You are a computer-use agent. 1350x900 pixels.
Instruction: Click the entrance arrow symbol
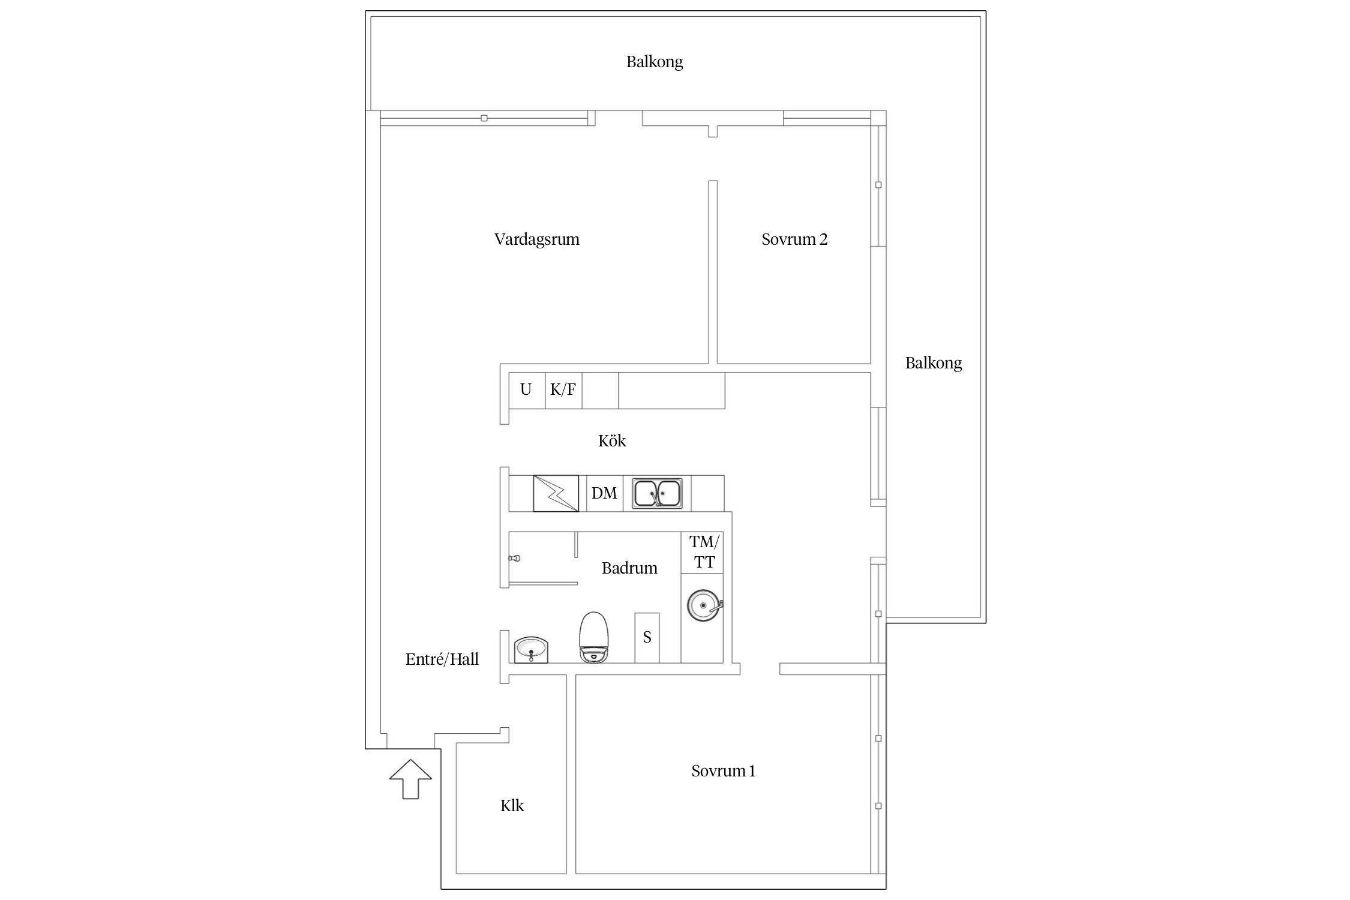(x=410, y=779)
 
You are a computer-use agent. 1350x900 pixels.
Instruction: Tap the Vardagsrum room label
(x=537, y=239)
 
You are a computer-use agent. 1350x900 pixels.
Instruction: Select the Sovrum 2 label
(x=794, y=239)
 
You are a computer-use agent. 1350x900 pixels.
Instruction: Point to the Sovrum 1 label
(x=723, y=771)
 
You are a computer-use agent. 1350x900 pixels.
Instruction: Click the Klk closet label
(x=512, y=805)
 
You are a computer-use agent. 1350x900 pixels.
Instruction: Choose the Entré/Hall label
(x=442, y=659)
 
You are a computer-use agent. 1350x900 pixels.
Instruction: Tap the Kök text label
(x=612, y=441)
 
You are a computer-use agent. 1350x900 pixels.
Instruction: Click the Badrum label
(x=629, y=568)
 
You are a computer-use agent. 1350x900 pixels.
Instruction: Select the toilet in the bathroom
(x=593, y=637)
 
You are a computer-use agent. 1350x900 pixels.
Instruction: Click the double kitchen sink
(x=657, y=493)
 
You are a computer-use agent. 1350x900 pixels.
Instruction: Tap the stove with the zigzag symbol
(x=556, y=493)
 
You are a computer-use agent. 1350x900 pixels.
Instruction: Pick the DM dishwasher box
(x=605, y=493)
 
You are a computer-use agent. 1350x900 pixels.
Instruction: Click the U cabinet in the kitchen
(x=527, y=391)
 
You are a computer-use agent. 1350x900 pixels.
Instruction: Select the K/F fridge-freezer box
(x=563, y=391)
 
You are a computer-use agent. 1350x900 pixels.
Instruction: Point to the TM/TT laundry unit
(x=703, y=553)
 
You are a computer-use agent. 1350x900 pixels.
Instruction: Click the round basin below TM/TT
(x=704, y=605)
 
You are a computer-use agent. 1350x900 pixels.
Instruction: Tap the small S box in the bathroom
(x=647, y=638)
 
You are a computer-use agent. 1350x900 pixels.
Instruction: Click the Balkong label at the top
(x=655, y=62)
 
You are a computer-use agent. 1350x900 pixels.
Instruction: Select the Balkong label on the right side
(x=934, y=364)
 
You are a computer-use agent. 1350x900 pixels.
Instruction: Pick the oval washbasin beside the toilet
(x=531, y=650)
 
